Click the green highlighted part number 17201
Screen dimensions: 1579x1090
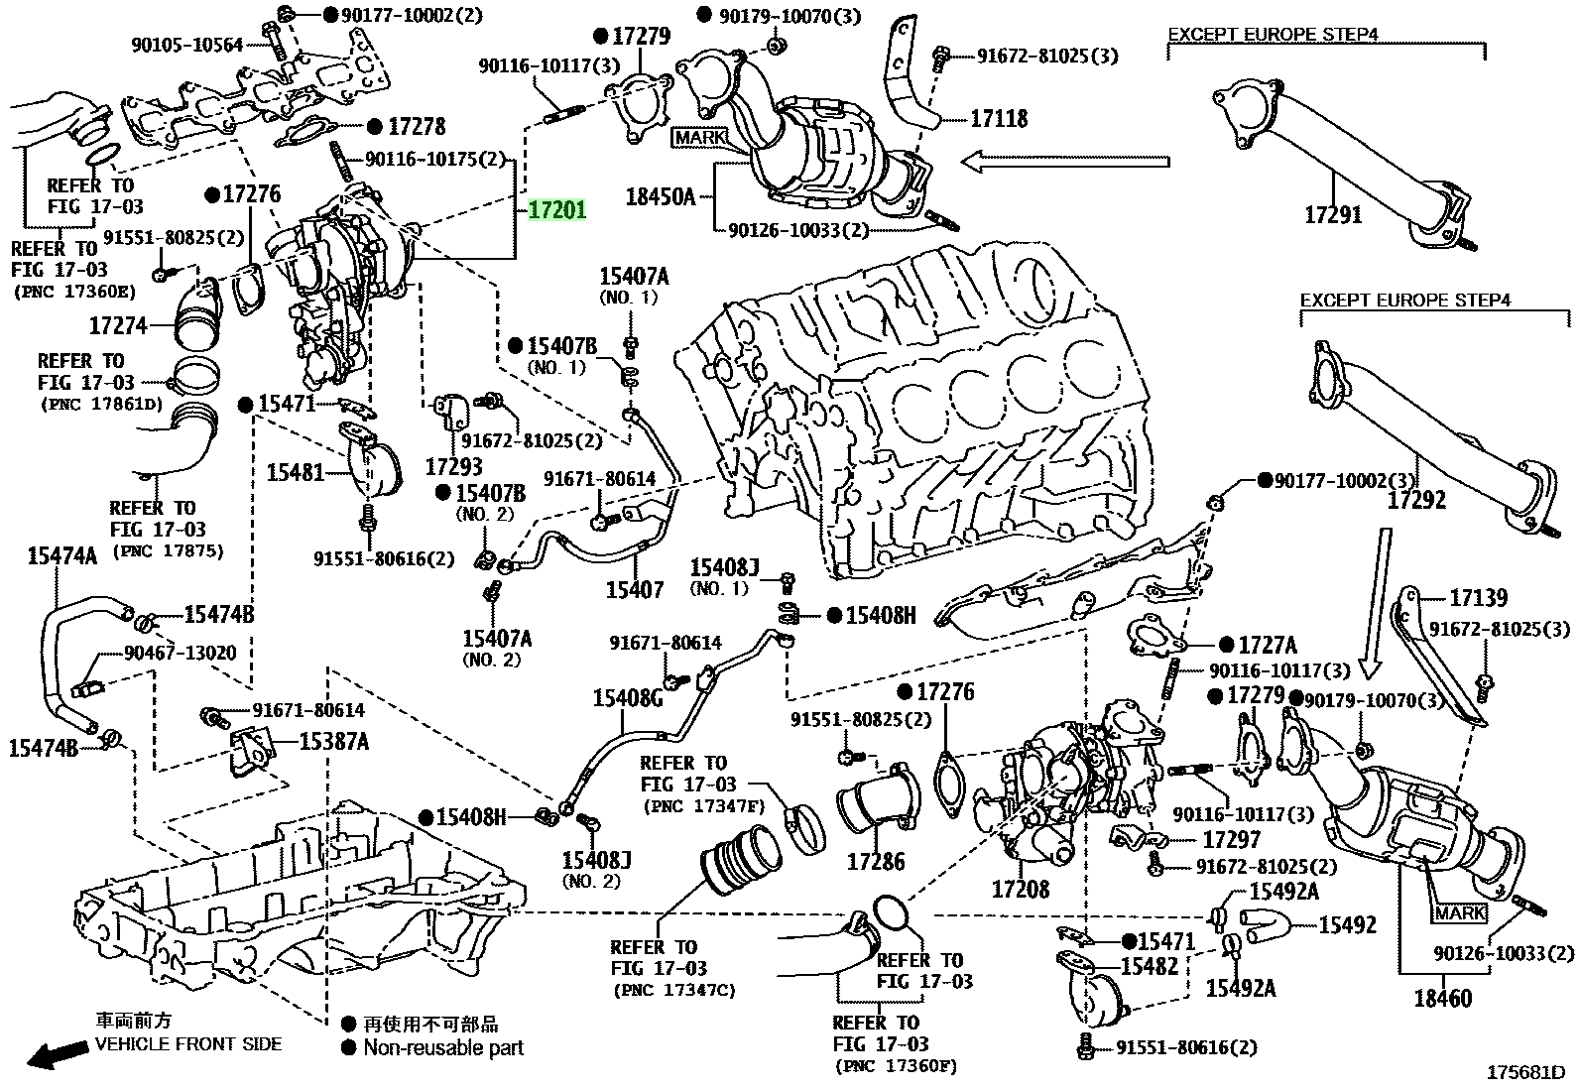(x=556, y=209)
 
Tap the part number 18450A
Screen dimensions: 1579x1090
(x=660, y=196)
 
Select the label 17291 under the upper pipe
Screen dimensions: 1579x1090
(x=1332, y=214)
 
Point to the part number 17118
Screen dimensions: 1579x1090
(x=999, y=118)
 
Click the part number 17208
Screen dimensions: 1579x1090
(x=1020, y=889)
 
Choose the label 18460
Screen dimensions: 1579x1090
(x=1442, y=999)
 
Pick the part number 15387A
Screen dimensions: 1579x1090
(x=333, y=741)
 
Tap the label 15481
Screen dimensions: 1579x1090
(x=295, y=472)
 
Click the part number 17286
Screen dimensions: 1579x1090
(x=876, y=861)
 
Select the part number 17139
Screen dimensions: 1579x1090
(x=1478, y=598)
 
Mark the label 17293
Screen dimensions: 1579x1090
(x=454, y=466)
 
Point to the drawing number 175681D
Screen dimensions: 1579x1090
(x=1525, y=1072)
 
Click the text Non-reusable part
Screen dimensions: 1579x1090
(x=443, y=1047)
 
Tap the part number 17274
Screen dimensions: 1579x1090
(x=118, y=325)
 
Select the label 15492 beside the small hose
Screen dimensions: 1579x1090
(x=1347, y=924)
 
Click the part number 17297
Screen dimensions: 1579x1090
(x=1231, y=840)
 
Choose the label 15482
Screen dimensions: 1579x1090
(x=1149, y=966)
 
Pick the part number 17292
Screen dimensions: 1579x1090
(x=1416, y=500)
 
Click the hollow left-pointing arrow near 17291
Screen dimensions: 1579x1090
(x=1065, y=162)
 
